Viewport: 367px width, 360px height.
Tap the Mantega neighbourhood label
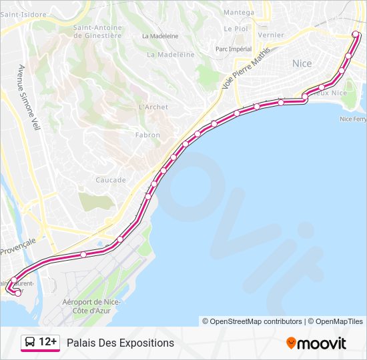(x=238, y=13)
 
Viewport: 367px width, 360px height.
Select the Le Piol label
(x=236, y=29)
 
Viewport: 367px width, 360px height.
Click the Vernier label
(x=270, y=35)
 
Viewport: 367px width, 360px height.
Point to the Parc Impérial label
(x=234, y=49)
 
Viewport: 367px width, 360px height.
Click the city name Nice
(x=302, y=63)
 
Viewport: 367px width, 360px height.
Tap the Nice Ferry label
(x=353, y=119)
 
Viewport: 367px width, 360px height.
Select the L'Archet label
(x=153, y=107)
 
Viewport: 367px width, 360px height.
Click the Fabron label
(x=147, y=135)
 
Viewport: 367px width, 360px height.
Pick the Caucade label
(x=111, y=180)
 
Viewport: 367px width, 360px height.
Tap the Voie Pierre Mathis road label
(x=252, y=63)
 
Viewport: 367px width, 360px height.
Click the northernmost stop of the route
(x=354, y=35)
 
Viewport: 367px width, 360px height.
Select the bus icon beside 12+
(x=31, y=343)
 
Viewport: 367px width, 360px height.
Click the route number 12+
(x=48, y=343)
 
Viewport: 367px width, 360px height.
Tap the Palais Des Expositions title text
(x=120, y=343)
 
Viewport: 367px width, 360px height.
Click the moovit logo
(x=316, y=343)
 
